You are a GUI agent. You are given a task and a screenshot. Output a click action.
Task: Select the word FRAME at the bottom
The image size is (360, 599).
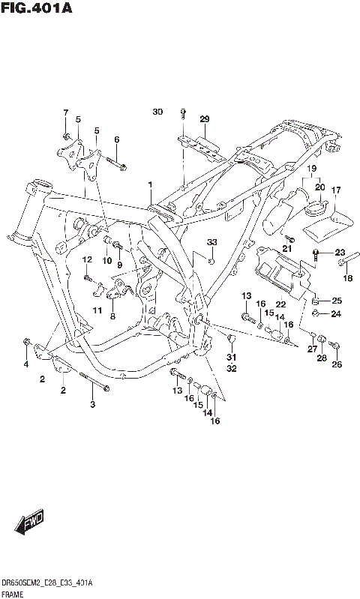coord(15,592)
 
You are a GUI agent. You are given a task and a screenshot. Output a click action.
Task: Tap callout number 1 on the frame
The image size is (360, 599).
coord(150,184)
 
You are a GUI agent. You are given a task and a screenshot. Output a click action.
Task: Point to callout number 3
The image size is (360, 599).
coord(93,405)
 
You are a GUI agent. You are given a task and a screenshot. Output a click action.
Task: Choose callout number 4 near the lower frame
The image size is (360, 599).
coord(25,364)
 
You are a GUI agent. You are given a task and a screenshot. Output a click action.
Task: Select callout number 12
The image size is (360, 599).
coord(86,259)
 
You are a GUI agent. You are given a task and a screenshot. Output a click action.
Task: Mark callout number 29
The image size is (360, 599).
coord(203,119)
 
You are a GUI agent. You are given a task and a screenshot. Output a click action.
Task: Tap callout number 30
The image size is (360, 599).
coord(157,112)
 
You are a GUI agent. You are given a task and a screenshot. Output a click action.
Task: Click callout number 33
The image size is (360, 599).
coord(211,241)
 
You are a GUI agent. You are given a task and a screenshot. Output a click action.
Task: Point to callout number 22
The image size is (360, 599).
coord(280,304)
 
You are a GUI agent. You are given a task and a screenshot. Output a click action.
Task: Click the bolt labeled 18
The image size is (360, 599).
coord(344,262)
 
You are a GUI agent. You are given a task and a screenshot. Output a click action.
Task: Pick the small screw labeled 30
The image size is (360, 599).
coord(182,113)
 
